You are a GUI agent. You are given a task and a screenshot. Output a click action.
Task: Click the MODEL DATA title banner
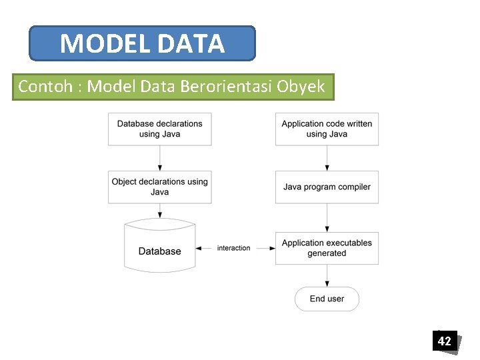pos(142,44)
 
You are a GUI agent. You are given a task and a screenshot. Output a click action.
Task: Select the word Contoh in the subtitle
pos(46,87)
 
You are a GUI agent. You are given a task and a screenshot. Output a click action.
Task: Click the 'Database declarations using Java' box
pos(160,129)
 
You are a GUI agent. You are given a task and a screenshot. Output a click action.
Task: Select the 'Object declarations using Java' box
pos(160,187)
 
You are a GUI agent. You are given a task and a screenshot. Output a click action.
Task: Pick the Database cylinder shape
pos(160,246)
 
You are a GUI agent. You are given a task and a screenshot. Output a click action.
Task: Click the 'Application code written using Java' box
pos(327,129)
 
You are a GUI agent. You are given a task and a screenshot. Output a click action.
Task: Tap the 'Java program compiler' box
pos(327,187)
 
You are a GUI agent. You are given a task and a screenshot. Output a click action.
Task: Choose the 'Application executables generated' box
pos(327,248)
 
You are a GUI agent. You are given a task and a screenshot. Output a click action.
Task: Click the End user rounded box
pos(327,299)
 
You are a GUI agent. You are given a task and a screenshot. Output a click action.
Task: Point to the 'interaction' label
pos(234,248)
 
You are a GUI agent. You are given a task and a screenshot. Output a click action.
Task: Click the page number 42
pos(444,341)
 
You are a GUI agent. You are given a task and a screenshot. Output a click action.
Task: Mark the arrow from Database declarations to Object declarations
pos(160,158)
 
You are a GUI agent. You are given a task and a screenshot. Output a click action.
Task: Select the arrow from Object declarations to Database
pos(160,211)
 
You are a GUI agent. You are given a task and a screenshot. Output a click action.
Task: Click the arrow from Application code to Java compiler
pos(327,158)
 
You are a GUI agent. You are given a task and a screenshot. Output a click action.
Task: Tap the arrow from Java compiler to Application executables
pos(327,217)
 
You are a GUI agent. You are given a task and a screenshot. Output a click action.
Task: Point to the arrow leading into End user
pos(327,276)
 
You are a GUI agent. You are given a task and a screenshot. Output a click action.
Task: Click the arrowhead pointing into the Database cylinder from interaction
pos(199,248)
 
